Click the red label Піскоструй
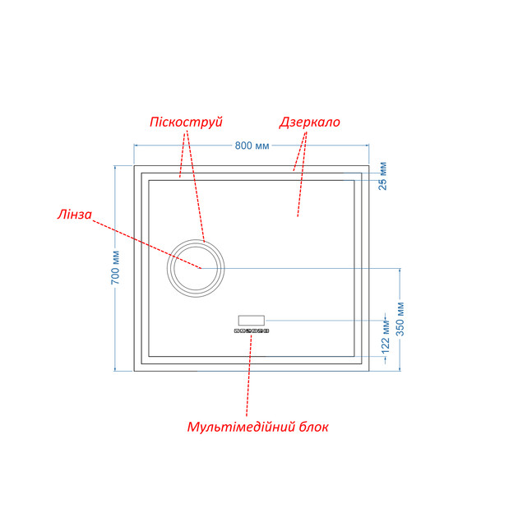coord(186,122)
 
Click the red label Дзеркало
coord(309,122)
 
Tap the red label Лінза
coord(74,215)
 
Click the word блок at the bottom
coord(314,427)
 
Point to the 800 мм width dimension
coord(252,146)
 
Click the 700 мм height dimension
coord(115,267)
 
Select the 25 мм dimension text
coord(382,176)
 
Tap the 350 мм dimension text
coord(400,318)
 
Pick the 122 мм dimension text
coord(386,336)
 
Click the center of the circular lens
coord(196,268)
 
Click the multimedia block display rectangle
coord(252,321)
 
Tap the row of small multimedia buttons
coord(252,331)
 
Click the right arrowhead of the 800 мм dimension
coord(367,145)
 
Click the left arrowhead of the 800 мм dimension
coord(136,145)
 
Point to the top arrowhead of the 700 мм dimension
coord(115,168)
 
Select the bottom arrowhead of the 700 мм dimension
coord(115,368)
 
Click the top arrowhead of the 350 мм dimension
coord(400,271)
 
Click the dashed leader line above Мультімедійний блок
coord(249,374)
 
